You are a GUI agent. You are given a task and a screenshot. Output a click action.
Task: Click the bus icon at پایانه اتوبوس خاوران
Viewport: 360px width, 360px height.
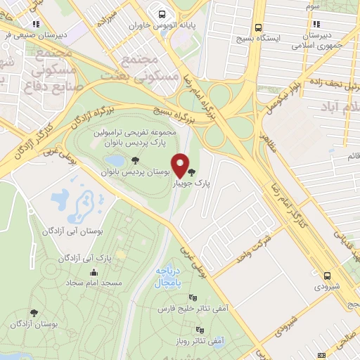[x=162, y=13]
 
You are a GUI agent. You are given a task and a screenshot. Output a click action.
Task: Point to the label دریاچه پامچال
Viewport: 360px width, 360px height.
[x=168, y=278]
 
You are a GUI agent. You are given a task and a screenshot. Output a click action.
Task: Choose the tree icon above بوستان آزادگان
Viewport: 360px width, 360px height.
[x=33, y=313]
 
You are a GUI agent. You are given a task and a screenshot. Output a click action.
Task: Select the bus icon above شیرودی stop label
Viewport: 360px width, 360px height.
[x=327, y=276]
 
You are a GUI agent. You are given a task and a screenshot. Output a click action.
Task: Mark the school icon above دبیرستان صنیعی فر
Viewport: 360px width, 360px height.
[x=36, y=24]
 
